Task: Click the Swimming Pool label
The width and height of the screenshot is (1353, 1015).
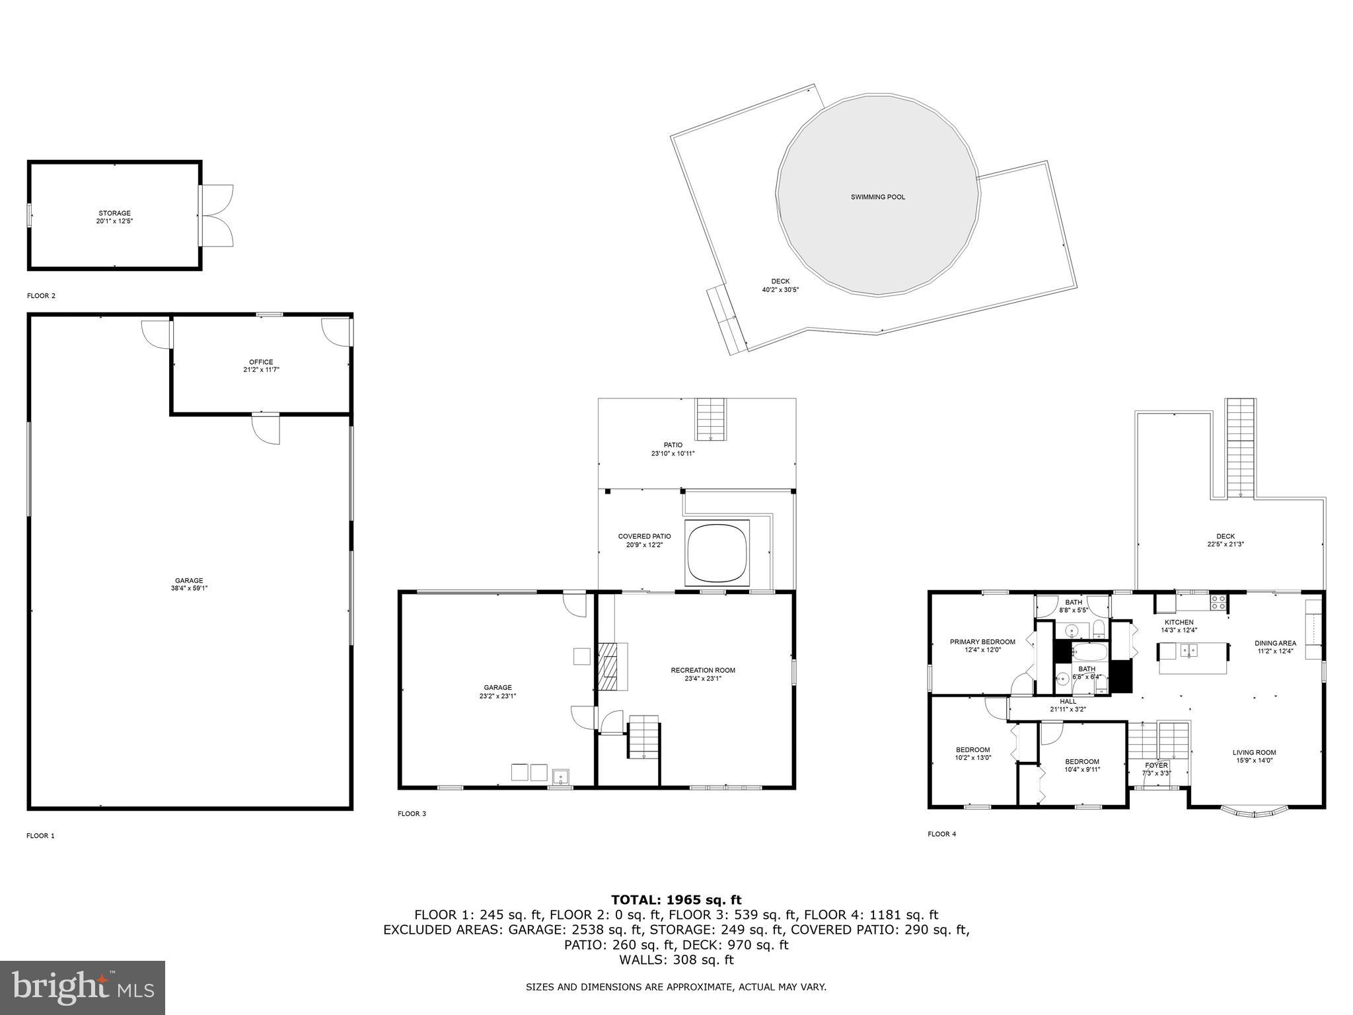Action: point(877,197)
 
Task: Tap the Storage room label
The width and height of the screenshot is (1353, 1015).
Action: point(114,213)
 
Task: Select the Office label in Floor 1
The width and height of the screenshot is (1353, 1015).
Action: point(261,362)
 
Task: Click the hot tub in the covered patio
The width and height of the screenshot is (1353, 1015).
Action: point(718,552)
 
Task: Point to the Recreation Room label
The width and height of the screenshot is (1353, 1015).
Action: point(702,670)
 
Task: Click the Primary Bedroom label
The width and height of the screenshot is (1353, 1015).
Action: point(982,642)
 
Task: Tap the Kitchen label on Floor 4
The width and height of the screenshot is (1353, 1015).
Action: point(1179,622)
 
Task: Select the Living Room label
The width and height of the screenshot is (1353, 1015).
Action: point(1254,752)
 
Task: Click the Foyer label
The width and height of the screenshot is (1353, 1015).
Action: point(1156,765)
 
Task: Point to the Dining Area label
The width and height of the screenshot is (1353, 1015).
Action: point(1275,643)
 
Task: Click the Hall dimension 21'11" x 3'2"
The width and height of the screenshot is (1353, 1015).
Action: point(1068,709)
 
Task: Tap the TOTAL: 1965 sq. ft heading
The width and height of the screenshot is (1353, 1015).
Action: point(676,899)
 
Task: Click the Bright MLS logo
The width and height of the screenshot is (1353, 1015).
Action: point(83,987)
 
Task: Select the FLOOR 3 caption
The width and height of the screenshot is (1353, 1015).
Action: point(412,813)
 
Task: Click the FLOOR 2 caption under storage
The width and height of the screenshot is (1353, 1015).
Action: point(41,295)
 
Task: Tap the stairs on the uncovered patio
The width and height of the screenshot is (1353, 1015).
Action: point(711,419)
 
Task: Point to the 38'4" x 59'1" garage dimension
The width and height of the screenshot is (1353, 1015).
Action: point(189,588)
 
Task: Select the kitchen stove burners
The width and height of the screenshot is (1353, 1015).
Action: point(1218,602)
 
